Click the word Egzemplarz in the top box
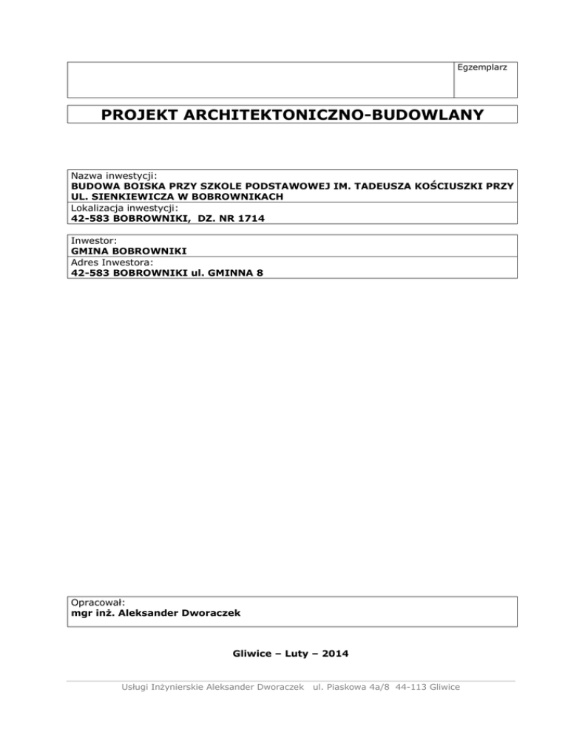pyautogui.click(x=484, y=68)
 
